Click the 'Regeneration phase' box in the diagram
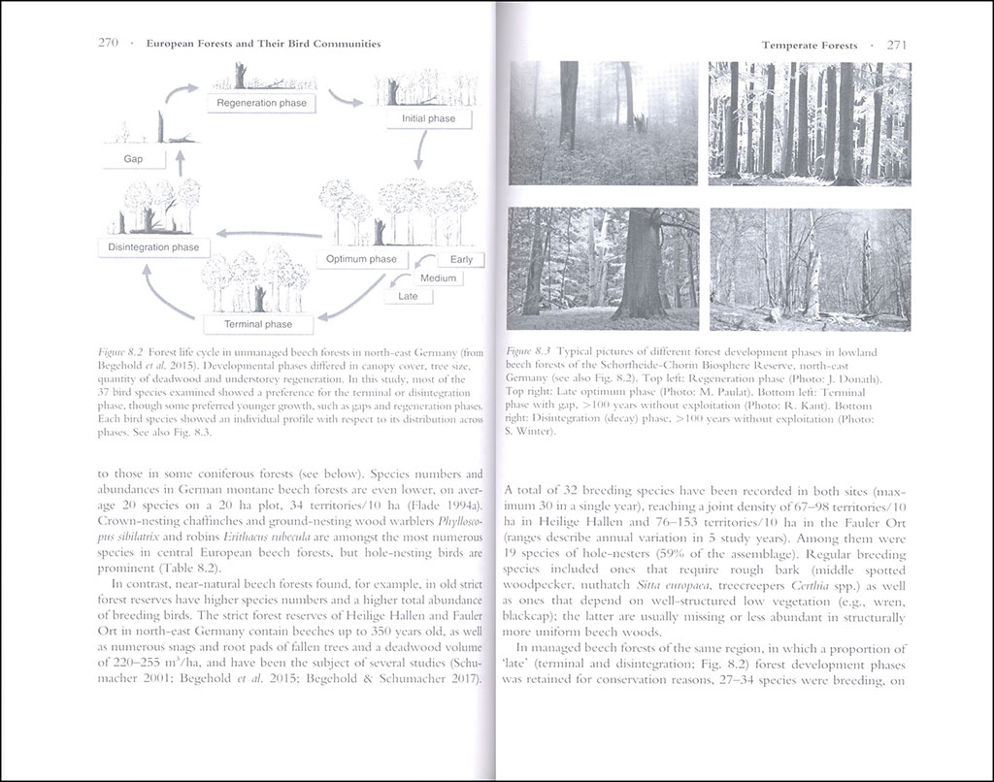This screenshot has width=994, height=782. pos(261,103)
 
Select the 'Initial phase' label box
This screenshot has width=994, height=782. pos(428,118)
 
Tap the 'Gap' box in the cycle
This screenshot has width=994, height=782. pos(133,158)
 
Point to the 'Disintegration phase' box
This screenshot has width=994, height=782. pos(153,247)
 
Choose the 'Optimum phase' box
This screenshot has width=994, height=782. pos(361,259)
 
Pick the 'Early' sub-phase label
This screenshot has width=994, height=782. pos(460,260)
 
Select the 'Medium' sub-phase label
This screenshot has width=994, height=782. pos(438,278)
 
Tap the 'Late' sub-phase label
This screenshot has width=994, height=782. pos(409,296)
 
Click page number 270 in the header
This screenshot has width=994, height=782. pos(109,45)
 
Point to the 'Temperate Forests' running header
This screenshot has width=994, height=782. pos(809,46)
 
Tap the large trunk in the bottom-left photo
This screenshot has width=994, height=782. pos(642,267)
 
